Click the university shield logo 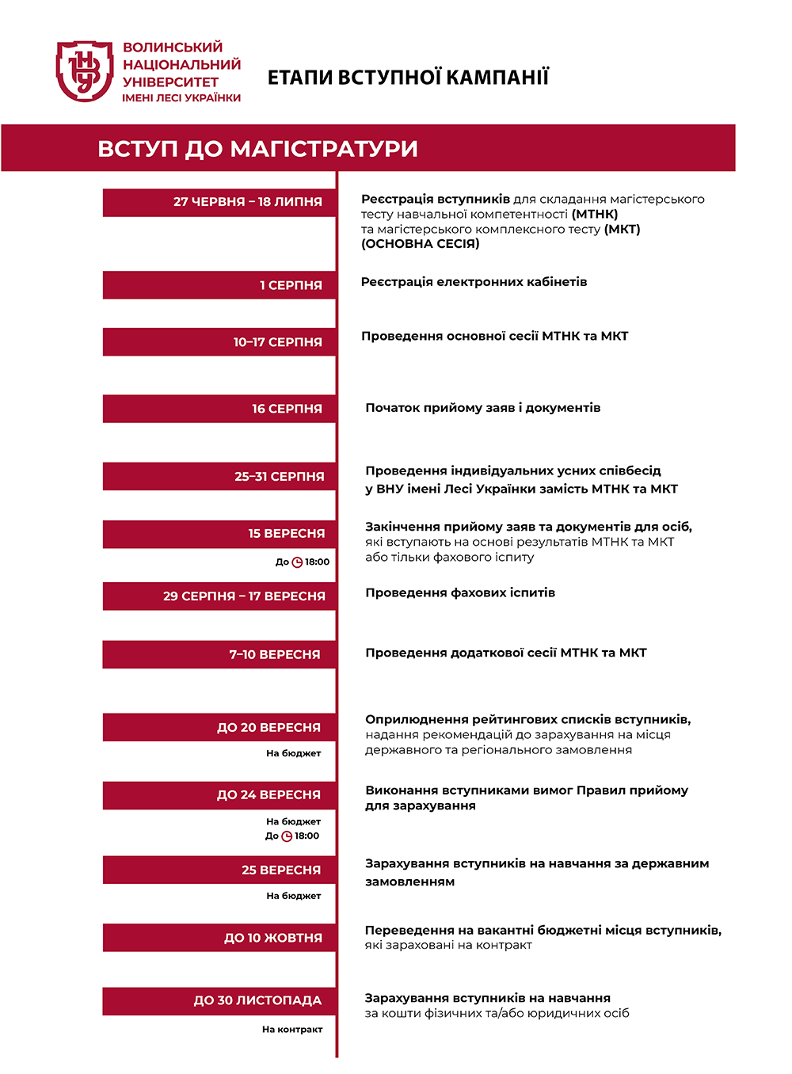pos(85,71)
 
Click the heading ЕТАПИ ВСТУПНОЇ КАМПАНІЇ pos(408,78)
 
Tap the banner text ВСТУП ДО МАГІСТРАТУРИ pos(257,149)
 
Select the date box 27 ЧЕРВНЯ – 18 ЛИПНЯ pos(219,202)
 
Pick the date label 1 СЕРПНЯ pos(291,285)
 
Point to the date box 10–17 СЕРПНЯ pos(219,342)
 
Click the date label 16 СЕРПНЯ pos(287,409)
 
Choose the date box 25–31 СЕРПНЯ pos(219,477)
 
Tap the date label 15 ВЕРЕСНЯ pos(287,534)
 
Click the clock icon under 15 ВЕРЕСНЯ pos(297,562)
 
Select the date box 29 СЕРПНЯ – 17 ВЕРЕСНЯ pos(219,596)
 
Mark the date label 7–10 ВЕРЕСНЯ pos(275,655)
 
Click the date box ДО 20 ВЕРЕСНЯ pos(219,727)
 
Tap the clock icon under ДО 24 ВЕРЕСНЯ pos(287,836)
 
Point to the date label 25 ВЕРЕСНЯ pos(281,870)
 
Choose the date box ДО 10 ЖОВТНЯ pos(219,938)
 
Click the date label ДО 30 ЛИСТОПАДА pos(257,1001)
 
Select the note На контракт pos(292,1030)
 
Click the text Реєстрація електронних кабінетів pos(474,282)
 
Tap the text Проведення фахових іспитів pos(460,592)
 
